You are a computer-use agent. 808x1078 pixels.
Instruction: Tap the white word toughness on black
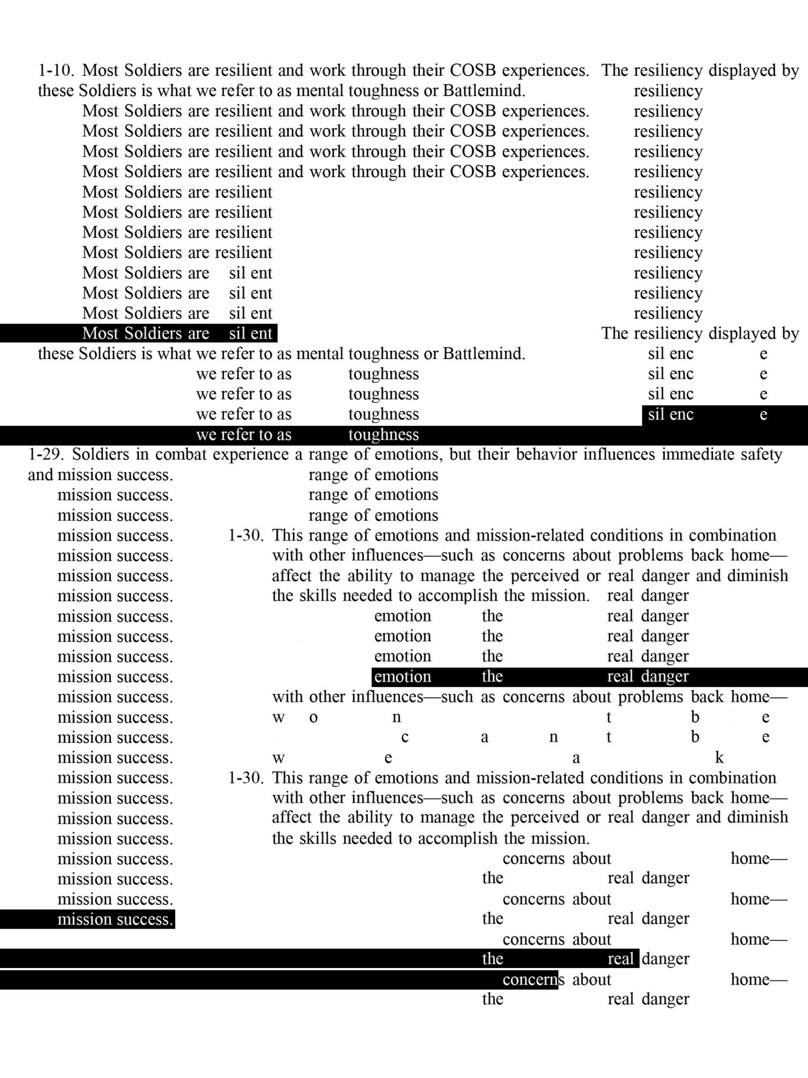(x=383, y=435)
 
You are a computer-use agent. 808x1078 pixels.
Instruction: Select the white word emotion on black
(x=402, y=676)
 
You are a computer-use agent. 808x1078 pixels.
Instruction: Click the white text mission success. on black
(x=115, y=920)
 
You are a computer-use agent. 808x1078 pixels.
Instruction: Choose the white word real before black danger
(x=620, y=959)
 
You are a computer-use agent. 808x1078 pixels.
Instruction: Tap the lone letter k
(x=719, y=758)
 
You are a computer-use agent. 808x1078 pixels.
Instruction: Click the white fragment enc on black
(x=682, y=415)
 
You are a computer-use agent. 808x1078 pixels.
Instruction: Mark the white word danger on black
(x=665, y=676)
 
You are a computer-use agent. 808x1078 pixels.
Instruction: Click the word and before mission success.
(x=41, y=475)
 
